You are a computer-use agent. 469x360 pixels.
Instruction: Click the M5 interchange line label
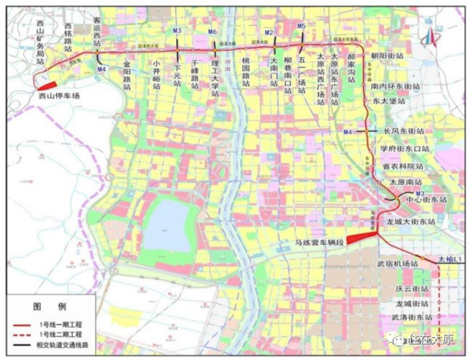pos(302,27)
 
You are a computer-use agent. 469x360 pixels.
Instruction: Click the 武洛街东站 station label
pos(412,317)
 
